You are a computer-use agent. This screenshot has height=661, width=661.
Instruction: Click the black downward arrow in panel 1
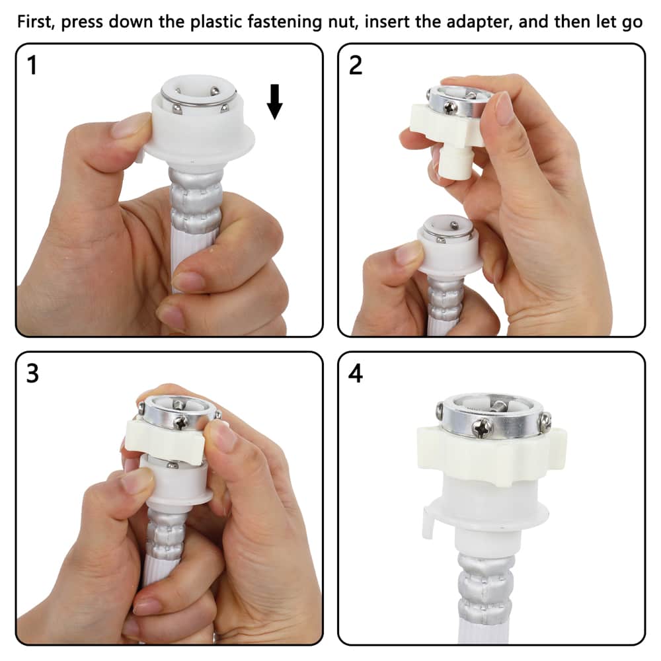click(x=275, y=101)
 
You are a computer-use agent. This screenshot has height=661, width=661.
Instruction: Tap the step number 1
click(x=32, y=65)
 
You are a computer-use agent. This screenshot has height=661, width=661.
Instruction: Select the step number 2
click(x=356, y=65)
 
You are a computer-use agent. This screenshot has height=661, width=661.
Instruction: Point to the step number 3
click(x=32, y=373)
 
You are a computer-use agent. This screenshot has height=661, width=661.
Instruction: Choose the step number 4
click(x=356, y=373)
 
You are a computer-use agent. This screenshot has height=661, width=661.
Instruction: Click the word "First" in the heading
click(x=36, y=22)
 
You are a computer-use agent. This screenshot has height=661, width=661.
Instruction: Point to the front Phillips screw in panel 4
click(x=483, y=428)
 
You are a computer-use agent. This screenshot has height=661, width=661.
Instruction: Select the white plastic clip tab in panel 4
click(x=428, y=523)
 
